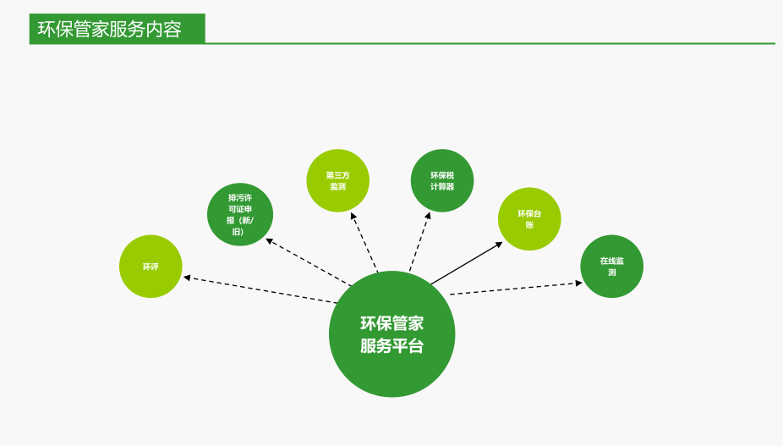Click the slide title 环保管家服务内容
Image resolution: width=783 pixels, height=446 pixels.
(109, 30)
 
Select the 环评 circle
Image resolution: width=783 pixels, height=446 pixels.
(151, 267)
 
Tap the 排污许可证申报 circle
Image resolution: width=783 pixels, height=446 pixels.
(240, 214)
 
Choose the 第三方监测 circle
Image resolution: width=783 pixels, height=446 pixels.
(337, 180)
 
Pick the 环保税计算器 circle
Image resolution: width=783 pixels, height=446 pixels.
(441, 180)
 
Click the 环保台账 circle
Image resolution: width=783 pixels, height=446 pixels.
(529, 218)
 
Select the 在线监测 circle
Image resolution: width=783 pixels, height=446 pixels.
(611, 267)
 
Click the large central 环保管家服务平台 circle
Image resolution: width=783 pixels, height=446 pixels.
(391, 333)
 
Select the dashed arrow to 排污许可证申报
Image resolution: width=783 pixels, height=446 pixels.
(309, 262)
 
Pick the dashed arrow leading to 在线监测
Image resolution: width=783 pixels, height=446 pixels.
(516, 289)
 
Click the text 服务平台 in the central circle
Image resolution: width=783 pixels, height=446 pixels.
(391, 346)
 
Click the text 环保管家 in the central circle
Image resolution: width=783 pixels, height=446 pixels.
(391, 322)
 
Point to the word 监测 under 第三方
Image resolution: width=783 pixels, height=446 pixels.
(337, 186)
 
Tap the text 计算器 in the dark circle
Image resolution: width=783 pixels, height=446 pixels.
(441, 186)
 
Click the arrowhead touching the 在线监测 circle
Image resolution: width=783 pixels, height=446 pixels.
(578, 283)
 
